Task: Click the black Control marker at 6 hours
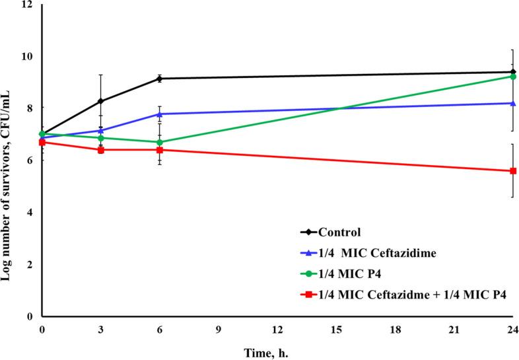tap(159, 79)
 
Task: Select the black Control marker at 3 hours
tap(101, 101)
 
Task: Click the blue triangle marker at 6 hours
tap(159, 114)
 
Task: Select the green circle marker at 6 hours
tap(159, 142)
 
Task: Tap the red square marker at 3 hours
tap(101, 150)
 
